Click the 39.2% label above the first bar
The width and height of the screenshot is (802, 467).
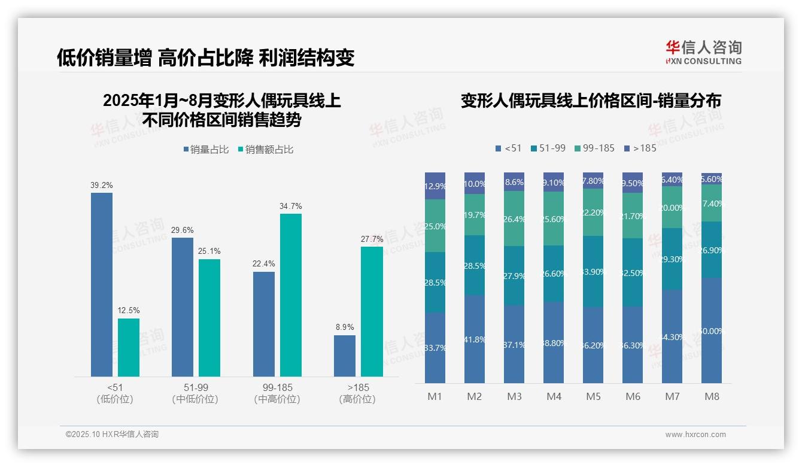coord(101,186)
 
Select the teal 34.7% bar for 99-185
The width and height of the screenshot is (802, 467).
coord(290,295)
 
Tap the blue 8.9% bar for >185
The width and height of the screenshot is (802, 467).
coord(344,356)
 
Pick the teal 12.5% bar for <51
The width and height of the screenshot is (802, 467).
coord(129,347)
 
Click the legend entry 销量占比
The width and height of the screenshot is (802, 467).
coord(205,150)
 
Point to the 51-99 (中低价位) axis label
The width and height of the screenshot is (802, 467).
coord(195,393)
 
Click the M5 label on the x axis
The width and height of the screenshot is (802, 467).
coord(593,396)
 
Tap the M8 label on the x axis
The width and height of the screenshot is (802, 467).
coord(712,396)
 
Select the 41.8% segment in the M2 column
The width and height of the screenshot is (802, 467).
coord(475,339)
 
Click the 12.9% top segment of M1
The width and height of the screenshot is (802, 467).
coord(435,186)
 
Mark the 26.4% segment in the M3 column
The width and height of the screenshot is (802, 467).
coord(514,219)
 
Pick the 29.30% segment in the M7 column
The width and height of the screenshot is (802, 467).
coord(672,259)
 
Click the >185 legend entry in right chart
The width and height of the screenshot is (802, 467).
coord(640,148)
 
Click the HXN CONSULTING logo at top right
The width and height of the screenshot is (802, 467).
coord(703,53)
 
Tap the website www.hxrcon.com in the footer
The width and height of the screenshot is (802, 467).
coord(695,435)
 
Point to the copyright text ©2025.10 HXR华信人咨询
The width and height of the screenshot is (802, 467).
coord(112,435)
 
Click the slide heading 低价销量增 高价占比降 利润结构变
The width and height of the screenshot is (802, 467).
coord(205,57)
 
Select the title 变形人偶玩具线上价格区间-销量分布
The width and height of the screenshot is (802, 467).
coord(590,101)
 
